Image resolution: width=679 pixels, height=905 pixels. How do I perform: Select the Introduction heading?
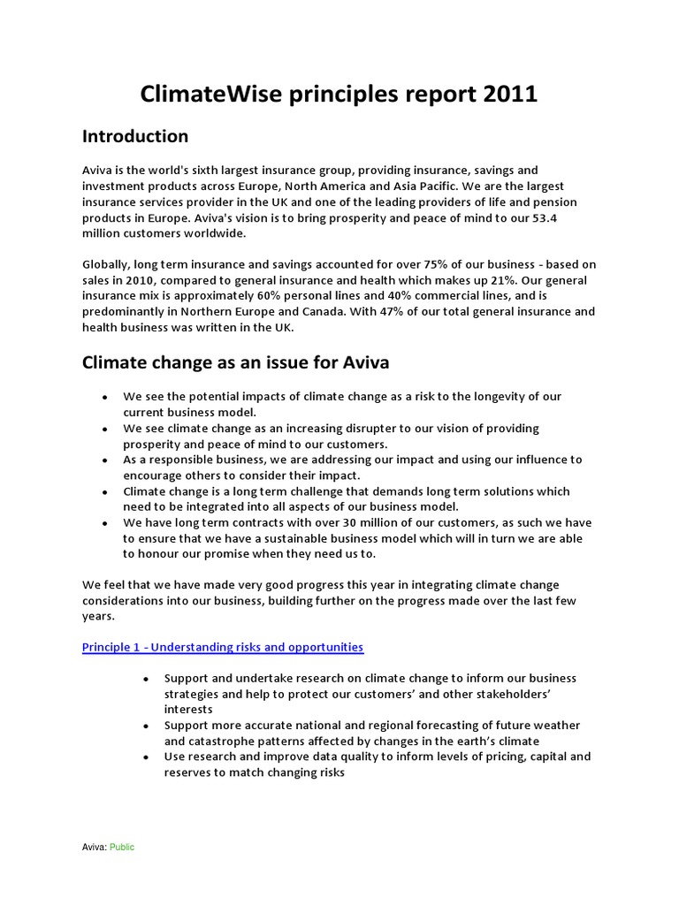point(135,136)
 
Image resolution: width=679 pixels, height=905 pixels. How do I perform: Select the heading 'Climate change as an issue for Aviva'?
point(235,362)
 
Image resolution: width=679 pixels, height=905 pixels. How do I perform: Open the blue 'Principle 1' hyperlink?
point(223,647)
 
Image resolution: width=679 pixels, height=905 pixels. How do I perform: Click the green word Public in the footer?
point(122,847)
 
